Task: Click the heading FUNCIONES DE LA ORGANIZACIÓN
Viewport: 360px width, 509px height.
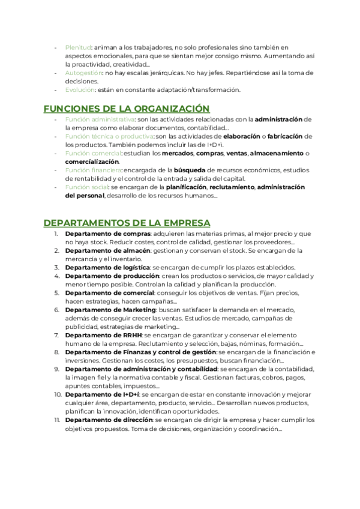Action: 127,109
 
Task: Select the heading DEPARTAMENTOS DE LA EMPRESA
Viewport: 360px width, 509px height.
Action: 127,223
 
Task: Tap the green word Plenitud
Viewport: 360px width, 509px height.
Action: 77,47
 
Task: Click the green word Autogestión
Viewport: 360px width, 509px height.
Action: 83,73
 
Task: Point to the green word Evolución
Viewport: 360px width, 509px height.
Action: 80,90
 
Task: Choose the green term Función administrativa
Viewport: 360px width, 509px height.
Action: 100,119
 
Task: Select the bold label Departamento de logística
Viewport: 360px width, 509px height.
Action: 107,267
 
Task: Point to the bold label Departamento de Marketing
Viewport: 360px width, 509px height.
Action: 110,310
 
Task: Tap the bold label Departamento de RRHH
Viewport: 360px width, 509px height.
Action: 103,335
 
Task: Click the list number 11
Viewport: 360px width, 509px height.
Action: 57,420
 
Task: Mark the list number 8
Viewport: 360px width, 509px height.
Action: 57,352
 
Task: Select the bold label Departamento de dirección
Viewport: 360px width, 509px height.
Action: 109,420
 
